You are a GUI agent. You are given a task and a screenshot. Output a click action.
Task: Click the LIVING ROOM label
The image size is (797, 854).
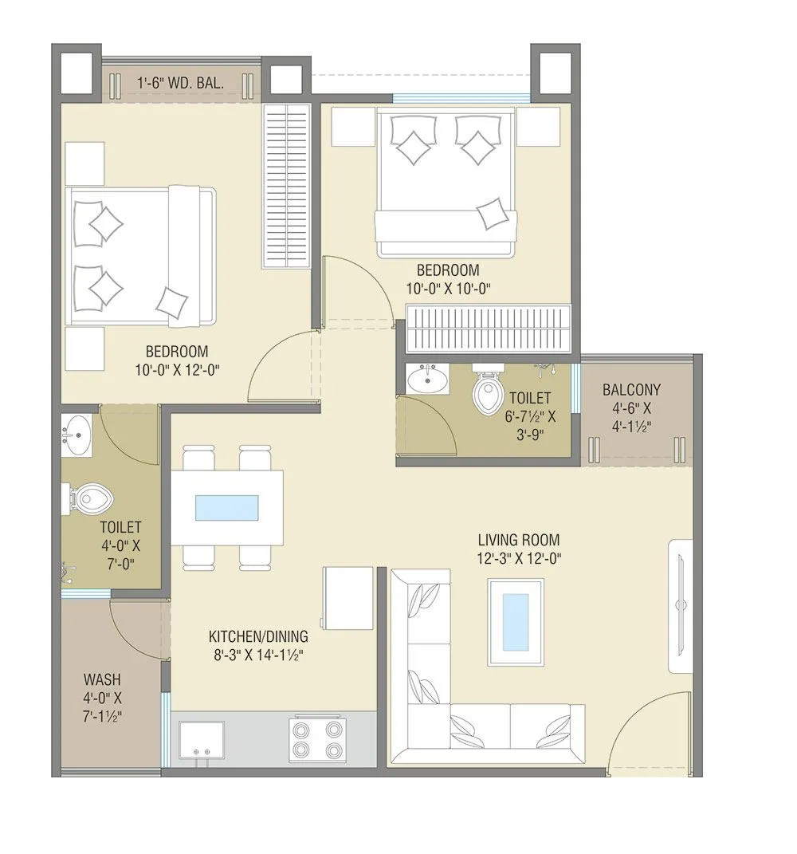(519, 540)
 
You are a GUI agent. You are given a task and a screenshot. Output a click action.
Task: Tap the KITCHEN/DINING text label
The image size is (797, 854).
(258, 637)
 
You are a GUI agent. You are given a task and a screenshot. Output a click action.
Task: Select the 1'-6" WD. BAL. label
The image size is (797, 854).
(180, 82)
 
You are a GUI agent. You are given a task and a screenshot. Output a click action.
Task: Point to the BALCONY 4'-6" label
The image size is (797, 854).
(631, 399)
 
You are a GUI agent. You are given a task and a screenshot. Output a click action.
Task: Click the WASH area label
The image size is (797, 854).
(102, 680)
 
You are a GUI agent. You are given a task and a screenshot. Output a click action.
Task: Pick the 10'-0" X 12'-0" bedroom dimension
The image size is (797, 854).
(177, 369)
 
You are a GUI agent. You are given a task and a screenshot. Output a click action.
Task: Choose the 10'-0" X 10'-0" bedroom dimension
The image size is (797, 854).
(447, 289)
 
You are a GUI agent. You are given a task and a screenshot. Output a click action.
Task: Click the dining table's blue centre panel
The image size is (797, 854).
(227, 508)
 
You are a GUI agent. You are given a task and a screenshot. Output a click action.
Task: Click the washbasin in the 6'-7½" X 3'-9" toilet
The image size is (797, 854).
(427, 380)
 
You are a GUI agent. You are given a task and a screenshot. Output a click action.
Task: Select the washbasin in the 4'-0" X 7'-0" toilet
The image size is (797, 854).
(78, 435)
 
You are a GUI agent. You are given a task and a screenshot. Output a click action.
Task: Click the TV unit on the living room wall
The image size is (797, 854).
(682, 598)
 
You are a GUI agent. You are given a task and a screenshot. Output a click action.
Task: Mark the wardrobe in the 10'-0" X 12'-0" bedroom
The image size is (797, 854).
(286, 186)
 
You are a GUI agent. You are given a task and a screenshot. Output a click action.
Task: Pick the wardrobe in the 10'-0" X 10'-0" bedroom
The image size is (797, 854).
(488, 328)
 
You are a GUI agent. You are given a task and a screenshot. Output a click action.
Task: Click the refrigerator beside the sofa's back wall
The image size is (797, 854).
(347, 598)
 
